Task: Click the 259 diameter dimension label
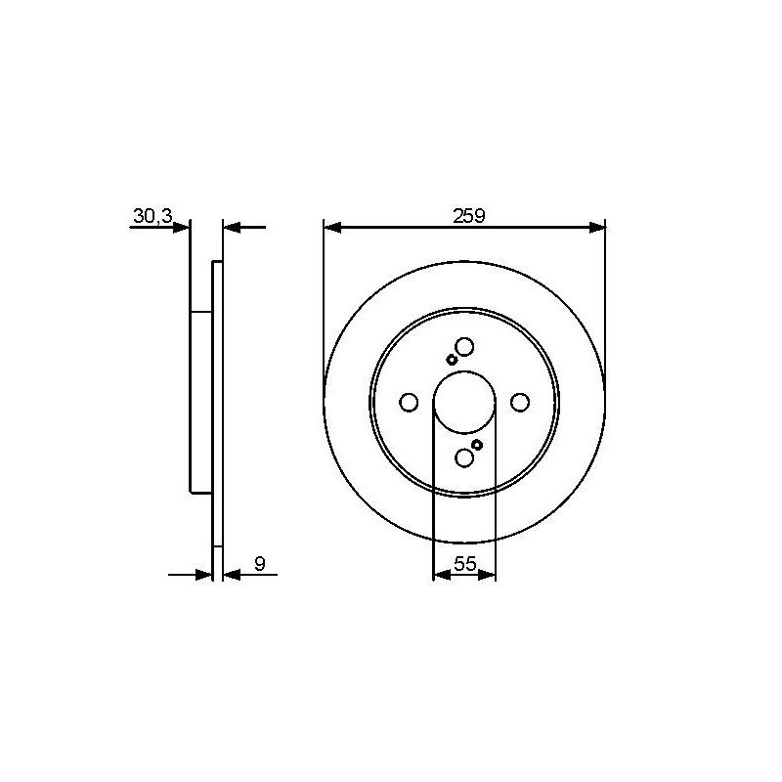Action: click(469, 216)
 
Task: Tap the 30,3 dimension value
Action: click(152, 216)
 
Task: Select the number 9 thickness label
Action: click(260, 564)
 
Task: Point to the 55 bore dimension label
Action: click(465, 564)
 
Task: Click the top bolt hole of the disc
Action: click(464, 346)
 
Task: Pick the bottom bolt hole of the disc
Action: click(464, 457)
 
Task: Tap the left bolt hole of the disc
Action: click(409, 402)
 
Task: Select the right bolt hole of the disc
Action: click(520, 402)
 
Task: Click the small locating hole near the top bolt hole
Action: click(452, 360)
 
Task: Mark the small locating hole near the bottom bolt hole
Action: click(477, 445)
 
